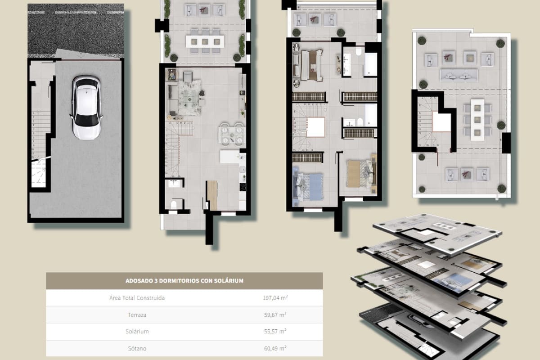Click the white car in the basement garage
[86, 107]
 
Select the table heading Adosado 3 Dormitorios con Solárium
[184, 281]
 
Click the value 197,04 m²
[275, 298]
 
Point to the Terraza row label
[137, 315]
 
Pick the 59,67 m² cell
[275, 315]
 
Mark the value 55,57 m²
[275, 332]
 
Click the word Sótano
[137, 348]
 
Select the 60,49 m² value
[275, 348]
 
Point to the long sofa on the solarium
[459, 76]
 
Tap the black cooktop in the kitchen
[243, 188]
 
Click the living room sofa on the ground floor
[171, 99]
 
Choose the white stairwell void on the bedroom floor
[315, 127]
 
